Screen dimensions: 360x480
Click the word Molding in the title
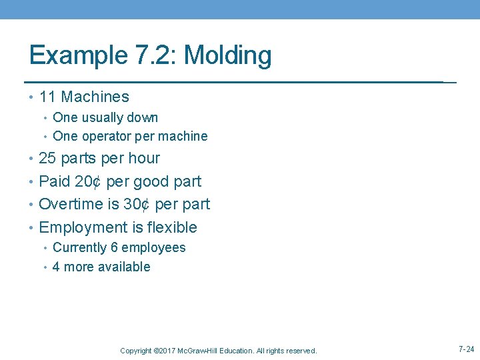(227, 55)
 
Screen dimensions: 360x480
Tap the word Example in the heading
(75, 55)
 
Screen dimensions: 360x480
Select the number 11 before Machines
(47, 97)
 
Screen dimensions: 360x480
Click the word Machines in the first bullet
(95, 97)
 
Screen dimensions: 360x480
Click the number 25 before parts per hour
(47, 159)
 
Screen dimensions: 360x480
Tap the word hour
(144, 159)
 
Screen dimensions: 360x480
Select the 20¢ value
(91, 181)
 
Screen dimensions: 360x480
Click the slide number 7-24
(466, 349)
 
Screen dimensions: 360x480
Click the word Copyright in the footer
(135, 351)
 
